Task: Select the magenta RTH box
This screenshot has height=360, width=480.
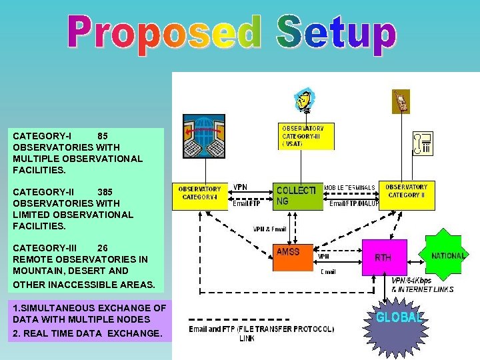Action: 384,257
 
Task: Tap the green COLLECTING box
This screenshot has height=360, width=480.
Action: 297,195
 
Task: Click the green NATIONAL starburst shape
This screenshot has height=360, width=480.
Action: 448,256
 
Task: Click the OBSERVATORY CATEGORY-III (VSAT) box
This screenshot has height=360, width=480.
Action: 305,135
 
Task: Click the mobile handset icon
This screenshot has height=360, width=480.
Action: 401,101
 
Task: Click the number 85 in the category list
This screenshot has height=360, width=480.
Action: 103,135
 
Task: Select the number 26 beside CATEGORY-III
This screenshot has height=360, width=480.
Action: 102,247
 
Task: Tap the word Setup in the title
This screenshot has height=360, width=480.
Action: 335,35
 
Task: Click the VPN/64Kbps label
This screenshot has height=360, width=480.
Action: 411,281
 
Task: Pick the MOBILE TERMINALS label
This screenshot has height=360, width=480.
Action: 349,187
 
